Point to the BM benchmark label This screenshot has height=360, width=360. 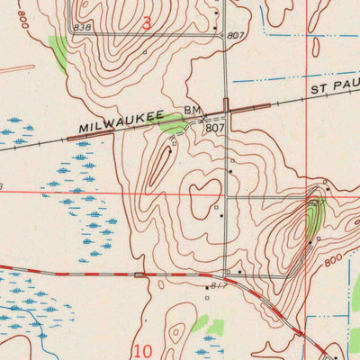tap(192, 111)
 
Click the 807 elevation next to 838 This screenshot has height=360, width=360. tap(236, 35)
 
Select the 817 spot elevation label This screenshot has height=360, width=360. tap(217, 286)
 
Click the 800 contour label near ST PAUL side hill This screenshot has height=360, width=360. tap(333, 258)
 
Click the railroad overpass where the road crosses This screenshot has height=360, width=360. tap(226, 106)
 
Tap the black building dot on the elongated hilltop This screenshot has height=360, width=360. tap(170, 151)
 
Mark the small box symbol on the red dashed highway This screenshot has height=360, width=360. tap(139, 274)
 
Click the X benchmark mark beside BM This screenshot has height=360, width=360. tap(202, 118)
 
